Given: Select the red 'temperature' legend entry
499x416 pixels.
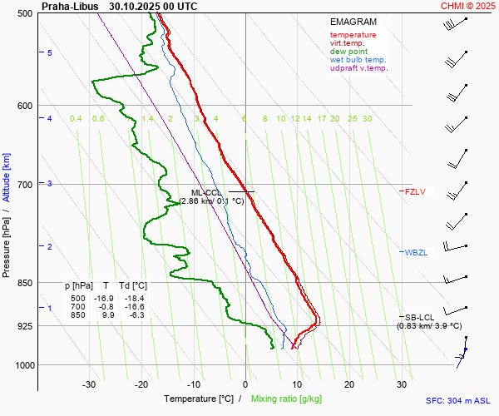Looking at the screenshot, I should pos(353,35).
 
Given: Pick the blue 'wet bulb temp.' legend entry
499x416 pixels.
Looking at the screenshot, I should pos(358,60).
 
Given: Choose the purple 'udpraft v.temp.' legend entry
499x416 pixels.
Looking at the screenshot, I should pos(358,68).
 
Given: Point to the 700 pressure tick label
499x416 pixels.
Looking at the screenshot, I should pos(24,185).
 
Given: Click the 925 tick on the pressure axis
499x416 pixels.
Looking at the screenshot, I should pos(24,326).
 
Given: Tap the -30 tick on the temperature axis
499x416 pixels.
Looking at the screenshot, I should pos(89,384).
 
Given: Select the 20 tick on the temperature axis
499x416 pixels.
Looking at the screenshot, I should pos(349,384).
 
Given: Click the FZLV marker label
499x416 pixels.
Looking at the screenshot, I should pos(415,192).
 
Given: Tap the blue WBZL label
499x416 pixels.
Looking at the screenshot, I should pos(416,252).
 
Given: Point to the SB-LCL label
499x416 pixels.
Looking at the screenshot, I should pos(421,317).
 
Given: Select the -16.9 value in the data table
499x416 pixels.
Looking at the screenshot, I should pos(104,298).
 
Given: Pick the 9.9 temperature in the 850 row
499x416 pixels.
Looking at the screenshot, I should pos(107,315).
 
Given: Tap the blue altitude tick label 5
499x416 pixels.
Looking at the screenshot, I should pos(50,53).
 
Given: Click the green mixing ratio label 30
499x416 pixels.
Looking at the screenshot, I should pos(367,119).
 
